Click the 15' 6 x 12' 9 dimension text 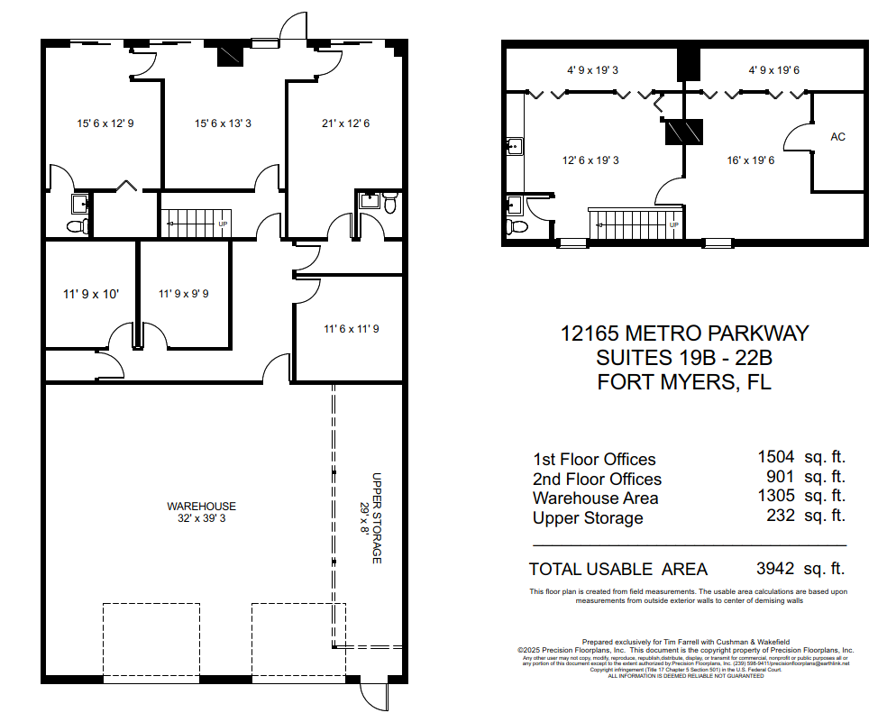coord(105,123)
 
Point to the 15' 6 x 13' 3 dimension coord(223,123)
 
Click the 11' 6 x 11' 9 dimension coord(351,329)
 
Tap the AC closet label coord(837,137)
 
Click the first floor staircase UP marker coord(223,224)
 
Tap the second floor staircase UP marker coord(672,224)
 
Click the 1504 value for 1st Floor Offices coord(775,459)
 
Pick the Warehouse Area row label coord(595,498)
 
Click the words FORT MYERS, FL coord(684,381)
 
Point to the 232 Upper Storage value coord(782,516)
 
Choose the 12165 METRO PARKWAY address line coord(684,334)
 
